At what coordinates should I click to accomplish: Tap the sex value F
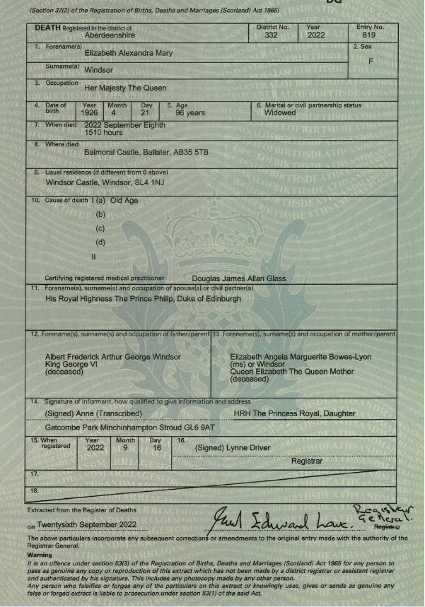point(371,61)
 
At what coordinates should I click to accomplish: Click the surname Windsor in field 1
point(100,71)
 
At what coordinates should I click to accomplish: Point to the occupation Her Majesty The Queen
point(125,88)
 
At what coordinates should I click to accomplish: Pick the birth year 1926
point(89,112)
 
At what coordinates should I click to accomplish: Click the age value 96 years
point(190,112)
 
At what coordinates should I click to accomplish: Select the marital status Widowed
point(280,112)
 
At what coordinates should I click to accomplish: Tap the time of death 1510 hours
point(104,131)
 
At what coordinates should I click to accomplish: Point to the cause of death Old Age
point(124,201)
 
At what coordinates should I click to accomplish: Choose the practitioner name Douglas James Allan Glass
point(239,278)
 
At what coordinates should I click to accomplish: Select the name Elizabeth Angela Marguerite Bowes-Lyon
point(310,356)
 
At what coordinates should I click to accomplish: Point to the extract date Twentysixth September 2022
point(91,526)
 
